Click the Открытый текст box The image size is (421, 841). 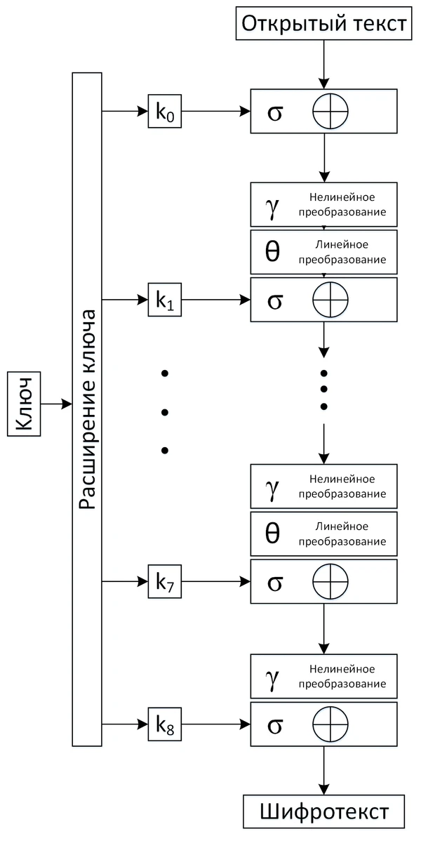point(323,24)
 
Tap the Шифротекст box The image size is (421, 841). point(323,812)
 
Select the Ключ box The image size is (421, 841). point(25,404)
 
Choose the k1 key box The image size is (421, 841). point(165,300)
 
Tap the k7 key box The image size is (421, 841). point(165,581)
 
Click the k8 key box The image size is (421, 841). point(165,723)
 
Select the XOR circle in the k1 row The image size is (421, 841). point(330,300)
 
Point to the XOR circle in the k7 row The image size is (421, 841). point(330,581)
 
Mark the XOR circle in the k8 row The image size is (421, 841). point(330,723)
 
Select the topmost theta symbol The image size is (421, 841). point(273,252)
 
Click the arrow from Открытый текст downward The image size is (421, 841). point(323,63)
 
